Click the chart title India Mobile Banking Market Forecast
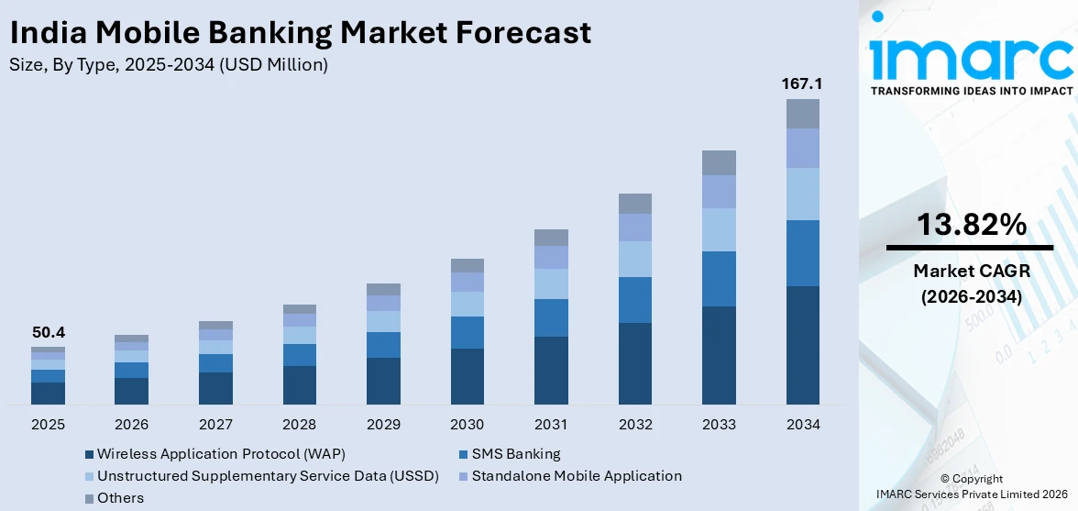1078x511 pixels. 300,33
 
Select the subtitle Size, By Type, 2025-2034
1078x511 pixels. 168,64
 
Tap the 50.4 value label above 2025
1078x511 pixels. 48,332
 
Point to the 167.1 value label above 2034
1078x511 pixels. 802,83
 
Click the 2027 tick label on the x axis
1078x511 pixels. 215,425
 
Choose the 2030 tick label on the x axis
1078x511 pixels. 467,425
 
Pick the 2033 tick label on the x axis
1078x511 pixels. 719,425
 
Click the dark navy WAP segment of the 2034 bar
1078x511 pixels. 803,345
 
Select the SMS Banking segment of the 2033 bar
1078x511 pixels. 719,279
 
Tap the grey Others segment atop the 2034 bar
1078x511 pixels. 803,114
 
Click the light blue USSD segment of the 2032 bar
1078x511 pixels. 635,259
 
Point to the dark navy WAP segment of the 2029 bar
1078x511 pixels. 383,381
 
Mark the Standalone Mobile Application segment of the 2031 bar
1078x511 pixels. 551,257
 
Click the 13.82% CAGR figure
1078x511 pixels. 969,224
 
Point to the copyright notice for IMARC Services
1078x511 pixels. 971,486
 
